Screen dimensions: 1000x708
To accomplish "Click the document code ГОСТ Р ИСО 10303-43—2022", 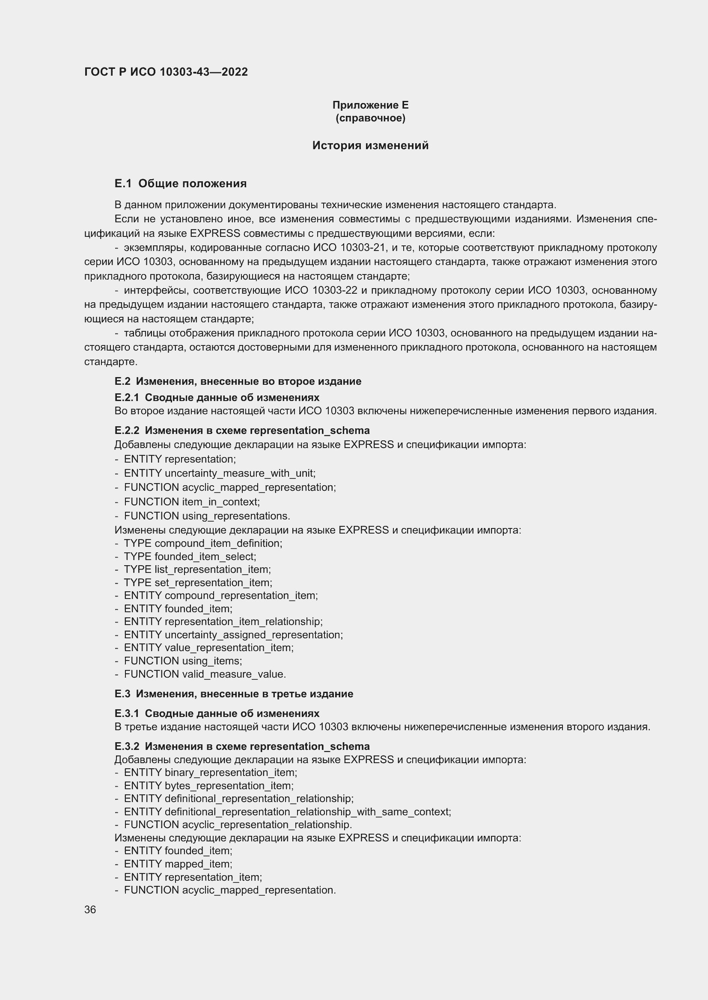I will pos(166,72).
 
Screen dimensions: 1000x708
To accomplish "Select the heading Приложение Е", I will pos(370,105).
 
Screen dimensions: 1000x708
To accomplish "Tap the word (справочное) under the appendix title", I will pos(370,118).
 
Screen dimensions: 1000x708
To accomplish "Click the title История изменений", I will pos(370,145).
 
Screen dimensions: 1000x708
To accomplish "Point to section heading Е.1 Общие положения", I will pos(181,183).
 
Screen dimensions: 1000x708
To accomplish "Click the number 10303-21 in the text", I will pos(363,248).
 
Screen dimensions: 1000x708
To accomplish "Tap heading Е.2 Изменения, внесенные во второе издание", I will pos(238,381).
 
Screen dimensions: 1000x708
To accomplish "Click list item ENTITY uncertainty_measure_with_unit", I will pos(219,473).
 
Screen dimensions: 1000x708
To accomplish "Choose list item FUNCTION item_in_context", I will pos(192,502).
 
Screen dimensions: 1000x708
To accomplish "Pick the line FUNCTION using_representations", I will pos(207,516).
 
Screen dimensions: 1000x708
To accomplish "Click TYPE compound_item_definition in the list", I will pos(203,543).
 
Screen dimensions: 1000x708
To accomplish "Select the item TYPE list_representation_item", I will pos(197,569).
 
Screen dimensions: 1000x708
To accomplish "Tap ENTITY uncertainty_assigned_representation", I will pos(233,634).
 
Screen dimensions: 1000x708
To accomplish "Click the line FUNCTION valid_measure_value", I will pos(205,674).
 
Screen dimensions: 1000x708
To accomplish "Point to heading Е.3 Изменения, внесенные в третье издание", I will pos(234,694).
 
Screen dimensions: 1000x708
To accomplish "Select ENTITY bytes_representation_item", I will pos(208,786).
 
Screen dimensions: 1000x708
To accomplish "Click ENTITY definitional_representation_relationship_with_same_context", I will pos(287,812).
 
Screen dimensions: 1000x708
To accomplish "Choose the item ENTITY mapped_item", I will pos(178,864).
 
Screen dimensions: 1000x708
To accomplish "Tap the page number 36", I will pos(90,909).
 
